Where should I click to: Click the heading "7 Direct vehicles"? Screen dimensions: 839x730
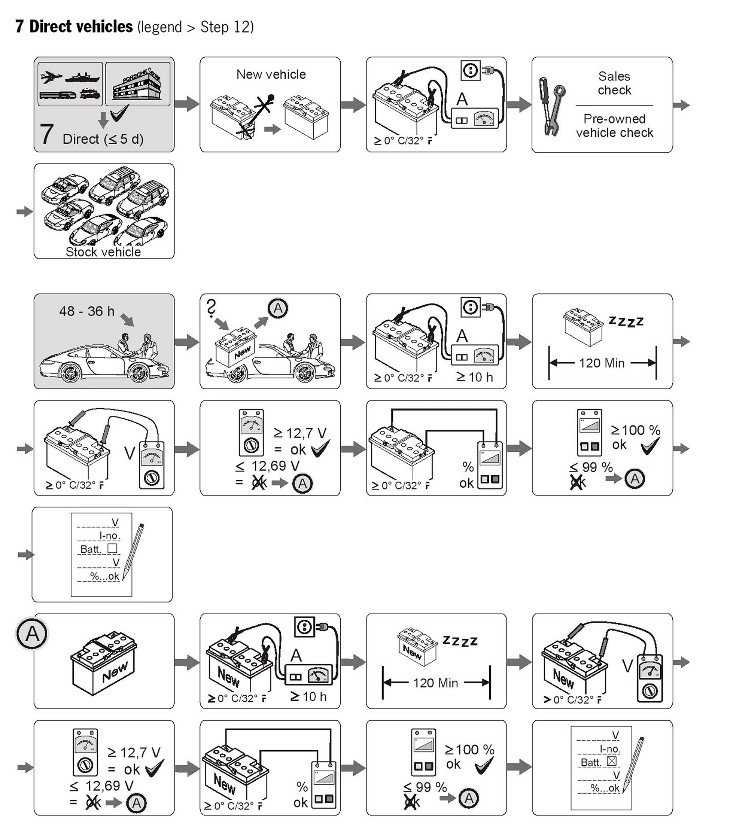click(x=74, y=27)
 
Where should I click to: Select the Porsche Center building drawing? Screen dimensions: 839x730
click(x=137, y=86)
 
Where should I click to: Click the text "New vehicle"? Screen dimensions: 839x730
click(x=271, y=74)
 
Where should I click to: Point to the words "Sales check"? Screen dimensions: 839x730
click(x=614, y=83)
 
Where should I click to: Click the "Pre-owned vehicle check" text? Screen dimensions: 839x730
click(x=614, y=126)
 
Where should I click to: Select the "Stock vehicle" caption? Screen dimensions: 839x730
click(x=103, y=252)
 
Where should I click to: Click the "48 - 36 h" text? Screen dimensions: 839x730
click(x=87, y=311)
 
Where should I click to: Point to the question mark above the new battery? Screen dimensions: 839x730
click(x=211, y=308)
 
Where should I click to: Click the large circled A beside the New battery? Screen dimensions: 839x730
click(x=32, y=634)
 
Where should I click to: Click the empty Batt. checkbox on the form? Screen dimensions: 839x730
click(x=112, y=548)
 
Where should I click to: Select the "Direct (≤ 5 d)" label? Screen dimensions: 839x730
click(x=103, y=139)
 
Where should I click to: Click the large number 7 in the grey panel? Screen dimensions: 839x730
click(x=46, y=134)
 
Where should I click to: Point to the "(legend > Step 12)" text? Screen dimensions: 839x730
click(x=195, y=27)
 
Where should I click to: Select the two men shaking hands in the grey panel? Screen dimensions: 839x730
click(x=138, y=346)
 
